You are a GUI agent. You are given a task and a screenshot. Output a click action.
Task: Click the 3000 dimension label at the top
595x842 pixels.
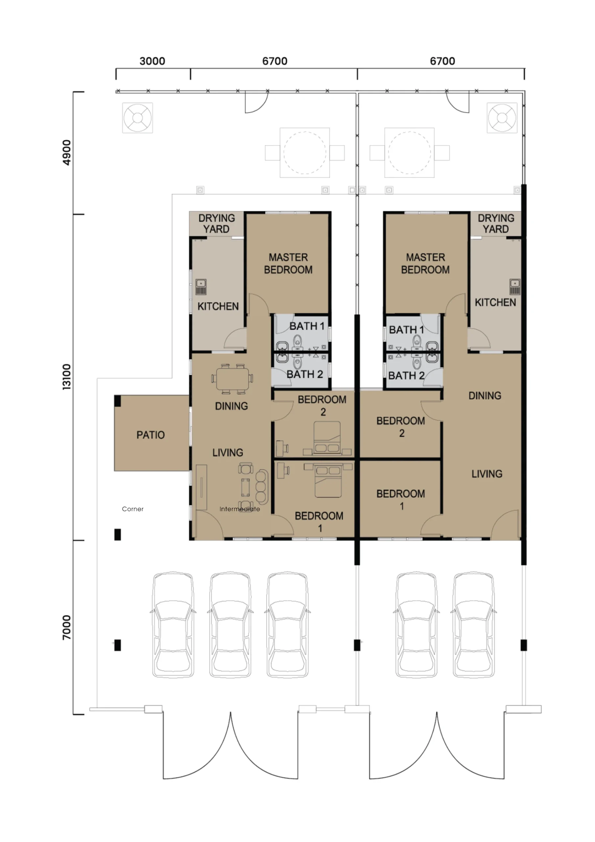[x=152, y=61]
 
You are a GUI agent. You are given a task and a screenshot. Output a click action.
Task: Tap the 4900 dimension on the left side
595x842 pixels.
[x=67, y=153]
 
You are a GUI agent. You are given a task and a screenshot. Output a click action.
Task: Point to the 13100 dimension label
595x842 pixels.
[x=67, y=377]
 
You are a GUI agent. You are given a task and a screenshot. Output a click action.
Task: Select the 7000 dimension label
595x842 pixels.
[x=67, y=628]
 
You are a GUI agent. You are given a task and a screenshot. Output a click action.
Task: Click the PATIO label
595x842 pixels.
[x=150, y=435]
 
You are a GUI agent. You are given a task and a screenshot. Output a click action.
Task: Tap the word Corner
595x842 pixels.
[x=133, y=509]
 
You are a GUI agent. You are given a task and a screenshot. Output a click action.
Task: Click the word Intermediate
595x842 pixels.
[x=240, y=509]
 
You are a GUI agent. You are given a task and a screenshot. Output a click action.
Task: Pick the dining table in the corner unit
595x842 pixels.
[x=232, y=379]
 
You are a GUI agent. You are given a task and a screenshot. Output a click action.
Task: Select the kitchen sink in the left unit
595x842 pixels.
[x=201, y=287]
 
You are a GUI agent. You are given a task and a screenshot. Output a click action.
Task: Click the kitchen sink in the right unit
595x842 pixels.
[x=515, y=287]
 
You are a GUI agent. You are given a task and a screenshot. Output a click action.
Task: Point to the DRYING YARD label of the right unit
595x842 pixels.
[x=496, y=223]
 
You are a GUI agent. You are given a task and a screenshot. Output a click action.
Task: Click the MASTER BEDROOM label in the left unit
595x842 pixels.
[x=288, y=263]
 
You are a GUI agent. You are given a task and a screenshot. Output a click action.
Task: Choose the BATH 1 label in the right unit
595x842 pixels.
[x=406, y=330]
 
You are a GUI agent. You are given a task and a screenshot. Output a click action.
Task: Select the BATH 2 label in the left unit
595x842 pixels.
[x=305, y=374]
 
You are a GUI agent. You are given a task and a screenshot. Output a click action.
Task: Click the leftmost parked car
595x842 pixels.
[x=173, y=625]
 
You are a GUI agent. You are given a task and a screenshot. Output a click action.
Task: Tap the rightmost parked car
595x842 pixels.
[x=474, y=625]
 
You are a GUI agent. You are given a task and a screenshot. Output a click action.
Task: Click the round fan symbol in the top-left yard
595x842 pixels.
[x=137, y=118]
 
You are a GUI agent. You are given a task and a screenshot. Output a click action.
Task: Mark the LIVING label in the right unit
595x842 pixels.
[x=487, y=474]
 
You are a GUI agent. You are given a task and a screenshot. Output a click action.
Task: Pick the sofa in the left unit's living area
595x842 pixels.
[x=262, y=487]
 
